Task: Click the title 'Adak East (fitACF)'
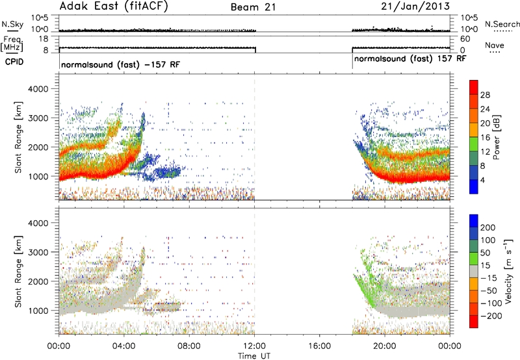[113, 6]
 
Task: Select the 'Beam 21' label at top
[253, 7]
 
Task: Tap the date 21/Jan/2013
[415, 6]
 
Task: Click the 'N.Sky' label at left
[12, 24]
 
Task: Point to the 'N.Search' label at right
[502, 24]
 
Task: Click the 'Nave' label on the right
[494, 45]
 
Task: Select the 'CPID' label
[14, 62]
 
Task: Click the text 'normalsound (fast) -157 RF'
[120, 64]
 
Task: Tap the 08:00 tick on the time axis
[189, 346]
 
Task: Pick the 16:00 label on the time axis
[319, 346]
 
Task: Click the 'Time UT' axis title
[254, 355]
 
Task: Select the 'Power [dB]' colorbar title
[496, 137]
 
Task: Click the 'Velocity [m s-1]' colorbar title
[508, 271]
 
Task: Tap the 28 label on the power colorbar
[485, 95]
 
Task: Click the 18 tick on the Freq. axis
[44, 39]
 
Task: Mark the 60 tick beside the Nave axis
[465, 39]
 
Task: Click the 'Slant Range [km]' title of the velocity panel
[18, 271]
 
